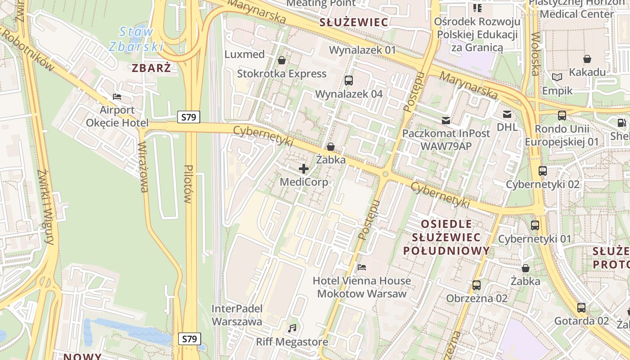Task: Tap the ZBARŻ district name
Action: (x=152, y=68)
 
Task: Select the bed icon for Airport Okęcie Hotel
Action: (x=117, y=97)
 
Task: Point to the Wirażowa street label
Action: (x=144, y=167)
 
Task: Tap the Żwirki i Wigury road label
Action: (x=46, y=207)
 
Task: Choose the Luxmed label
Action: (x=244, y=54)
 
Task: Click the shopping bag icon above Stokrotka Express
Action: (x=282, y=60)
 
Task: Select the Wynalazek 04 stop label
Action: (x=349, y=94)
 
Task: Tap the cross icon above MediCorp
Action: (x=304, y=169)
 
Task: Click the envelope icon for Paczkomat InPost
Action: (x=446, y=120)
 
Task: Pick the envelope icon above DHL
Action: (x=507, y=114)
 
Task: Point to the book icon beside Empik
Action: (x=557, y=77)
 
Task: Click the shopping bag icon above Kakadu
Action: (x=587, y=59)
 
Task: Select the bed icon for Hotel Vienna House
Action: (x=362, y=267)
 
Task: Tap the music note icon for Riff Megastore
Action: (x=292, y=328)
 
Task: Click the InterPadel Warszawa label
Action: (x=237, y=315)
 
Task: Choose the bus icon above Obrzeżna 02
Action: (x=477, y=285)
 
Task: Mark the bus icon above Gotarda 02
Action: (x=581, y=308)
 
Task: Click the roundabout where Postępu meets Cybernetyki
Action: (x=385, y=174)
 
